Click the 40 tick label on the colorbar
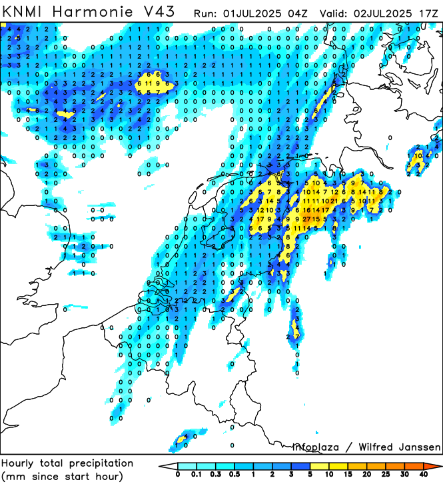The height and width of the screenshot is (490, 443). click(x=423, y=474)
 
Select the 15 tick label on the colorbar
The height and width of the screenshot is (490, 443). click(x=348, y=474)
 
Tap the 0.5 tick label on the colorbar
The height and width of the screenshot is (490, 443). click(x=235, y=474)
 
